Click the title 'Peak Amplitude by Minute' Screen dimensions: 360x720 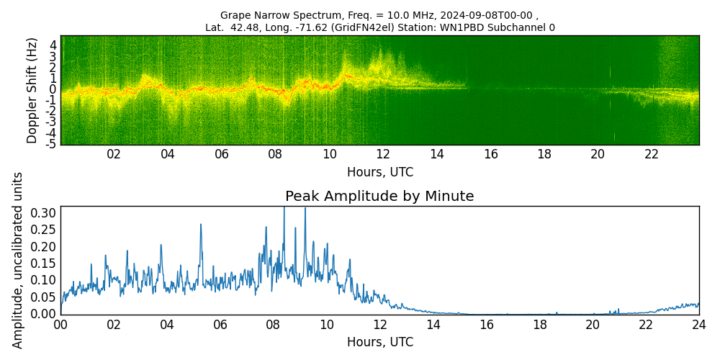[x=379, y=197]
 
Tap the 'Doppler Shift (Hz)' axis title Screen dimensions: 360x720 [x=32, y=90]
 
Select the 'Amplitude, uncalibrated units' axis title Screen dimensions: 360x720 [x=18, y=260]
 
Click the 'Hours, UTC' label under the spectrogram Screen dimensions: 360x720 [x=379, y=173]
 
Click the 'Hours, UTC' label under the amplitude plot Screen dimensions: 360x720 [x=379, y=342]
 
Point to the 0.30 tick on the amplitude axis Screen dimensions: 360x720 [x=43, y=213]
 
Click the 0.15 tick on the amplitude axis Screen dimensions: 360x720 [x=43, y=264]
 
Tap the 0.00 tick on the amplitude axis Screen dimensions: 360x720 [x=43, y=314]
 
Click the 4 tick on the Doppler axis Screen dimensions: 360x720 [x=53, y=45]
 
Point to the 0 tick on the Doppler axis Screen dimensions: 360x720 [x=53, y=89]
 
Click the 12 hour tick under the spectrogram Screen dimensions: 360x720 [x=383, y=154]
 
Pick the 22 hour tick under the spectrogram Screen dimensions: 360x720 [x=652, y=154]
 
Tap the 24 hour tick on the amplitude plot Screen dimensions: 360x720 [x=698, y=325]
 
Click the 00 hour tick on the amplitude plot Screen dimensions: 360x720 [x=60, y=325]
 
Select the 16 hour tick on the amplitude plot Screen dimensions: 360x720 [x=486, y=325]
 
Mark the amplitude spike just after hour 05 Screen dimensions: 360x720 [x=200, y=225]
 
